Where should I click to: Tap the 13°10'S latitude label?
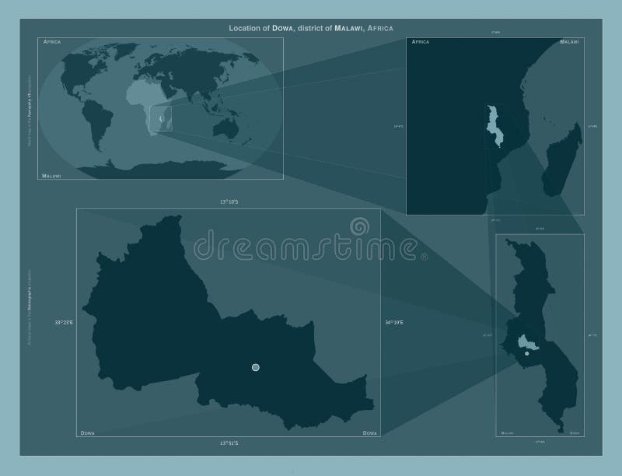pos(228,201)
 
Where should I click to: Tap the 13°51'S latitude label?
pos(228,443)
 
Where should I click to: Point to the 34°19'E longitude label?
pos(393,322)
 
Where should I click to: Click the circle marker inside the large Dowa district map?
pos(256,367)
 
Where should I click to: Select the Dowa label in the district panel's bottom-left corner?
pos(88,432)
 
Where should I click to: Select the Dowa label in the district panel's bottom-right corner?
pos(369,432)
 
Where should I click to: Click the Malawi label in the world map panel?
pos(53,177)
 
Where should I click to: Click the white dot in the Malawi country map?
pos(527,353)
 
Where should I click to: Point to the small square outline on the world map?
pos(161,119)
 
